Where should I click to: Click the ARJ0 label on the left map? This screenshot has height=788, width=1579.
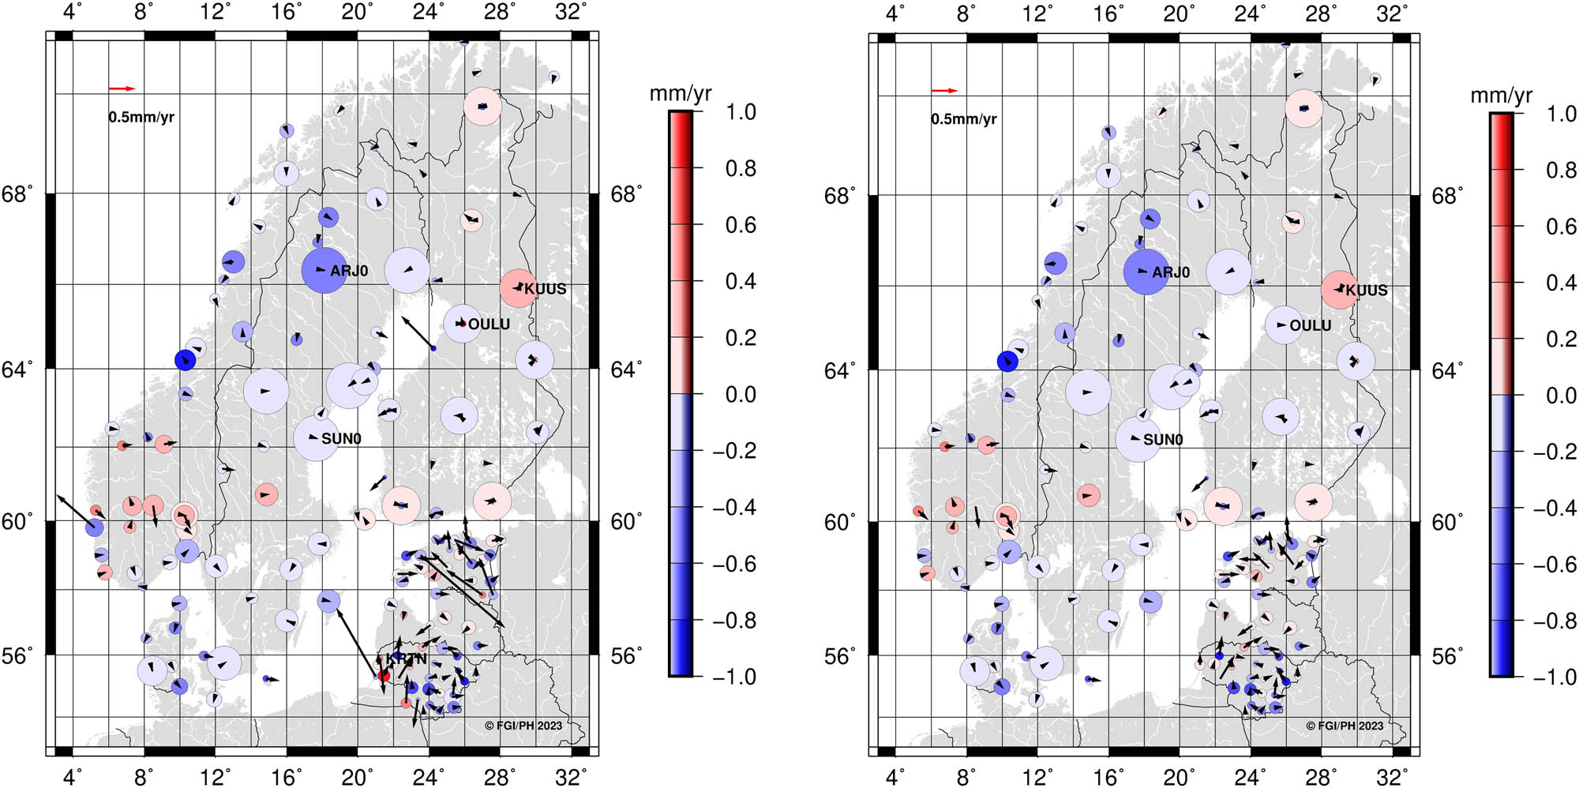(x=349, y=271)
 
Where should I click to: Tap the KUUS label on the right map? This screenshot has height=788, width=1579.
(x=1367, y=291)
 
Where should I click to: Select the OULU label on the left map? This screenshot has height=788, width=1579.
(x=489, y=325)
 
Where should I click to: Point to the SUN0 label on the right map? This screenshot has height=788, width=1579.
(x=1163, y=440)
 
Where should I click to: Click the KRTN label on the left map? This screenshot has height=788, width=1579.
(x=407, y=659)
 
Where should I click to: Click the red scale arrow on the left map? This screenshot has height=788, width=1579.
(x=122, y=88)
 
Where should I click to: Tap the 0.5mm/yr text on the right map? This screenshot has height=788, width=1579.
(x=963, y=119)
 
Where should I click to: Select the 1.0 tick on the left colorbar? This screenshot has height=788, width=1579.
(x=741, y=112)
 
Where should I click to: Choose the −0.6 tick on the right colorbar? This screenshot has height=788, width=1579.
(x=1555, y=565)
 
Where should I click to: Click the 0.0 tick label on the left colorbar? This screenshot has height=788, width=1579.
(x=741, y=394)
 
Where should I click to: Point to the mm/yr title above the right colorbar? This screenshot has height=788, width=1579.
(x=1501, y=96)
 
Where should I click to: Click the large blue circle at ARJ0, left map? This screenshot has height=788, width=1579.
(x=324, y=271)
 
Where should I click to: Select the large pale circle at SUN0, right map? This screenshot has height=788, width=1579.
(x=1138, y=439)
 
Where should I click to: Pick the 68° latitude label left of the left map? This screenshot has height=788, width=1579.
(x=17, y=194)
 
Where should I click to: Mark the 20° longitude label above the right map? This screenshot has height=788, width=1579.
(x=1179, y=14)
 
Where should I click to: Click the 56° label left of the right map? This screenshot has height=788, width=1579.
(x=841, y=656)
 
